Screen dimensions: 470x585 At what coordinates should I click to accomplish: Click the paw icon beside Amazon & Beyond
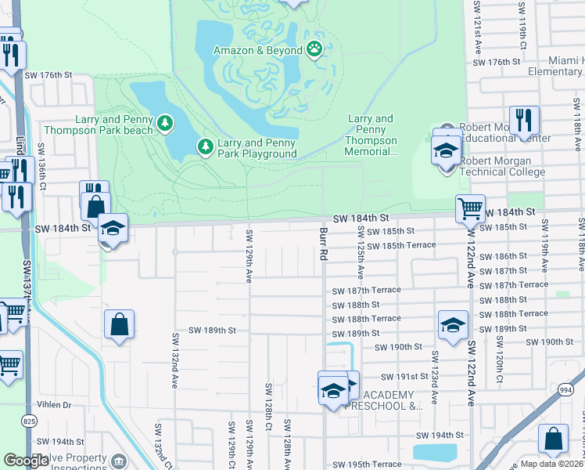(314, 50)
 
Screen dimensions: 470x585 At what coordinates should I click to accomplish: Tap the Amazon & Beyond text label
(258, 51)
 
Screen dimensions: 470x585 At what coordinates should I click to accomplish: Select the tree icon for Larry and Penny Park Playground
(205, 146)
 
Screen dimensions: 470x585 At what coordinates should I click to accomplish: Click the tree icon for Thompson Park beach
(164, 122)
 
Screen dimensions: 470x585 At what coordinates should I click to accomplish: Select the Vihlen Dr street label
(54, 406)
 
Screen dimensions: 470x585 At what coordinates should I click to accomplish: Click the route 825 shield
(29, 421)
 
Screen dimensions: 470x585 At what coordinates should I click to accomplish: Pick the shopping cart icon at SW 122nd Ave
(470, 209)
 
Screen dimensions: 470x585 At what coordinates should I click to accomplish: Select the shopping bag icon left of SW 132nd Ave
(119, 325)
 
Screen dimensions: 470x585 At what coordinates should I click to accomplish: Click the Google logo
(27, 460)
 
